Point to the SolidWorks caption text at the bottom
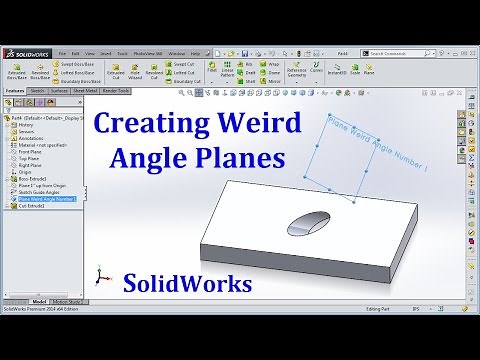click(188, 285)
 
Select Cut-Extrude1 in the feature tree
click(33, 206)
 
